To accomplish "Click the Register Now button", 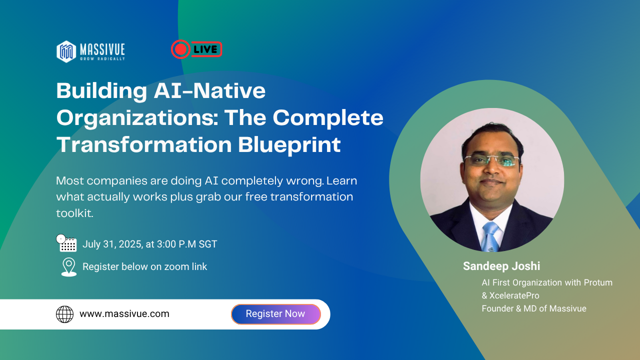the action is coord(275,314).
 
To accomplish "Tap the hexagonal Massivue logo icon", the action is coord(66,51).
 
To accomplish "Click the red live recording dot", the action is coord(180,49).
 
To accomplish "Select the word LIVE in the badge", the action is coord(205,49).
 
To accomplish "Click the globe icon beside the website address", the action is coord(64,314).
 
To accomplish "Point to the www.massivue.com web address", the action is coord(124,313).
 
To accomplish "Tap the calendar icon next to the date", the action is coord(66,243).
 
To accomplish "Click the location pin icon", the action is coord(69,267).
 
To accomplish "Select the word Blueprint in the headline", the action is coord(289,145).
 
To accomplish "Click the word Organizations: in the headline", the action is coord(137,118).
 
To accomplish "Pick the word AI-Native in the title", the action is coord(209,91).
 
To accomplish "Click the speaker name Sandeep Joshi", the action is coord(501,266).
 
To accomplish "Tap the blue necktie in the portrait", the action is coord(490,237).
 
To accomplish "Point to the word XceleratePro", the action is coord(514,295).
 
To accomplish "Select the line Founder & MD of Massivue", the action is coord(534,308).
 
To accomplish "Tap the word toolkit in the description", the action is coord(74,213).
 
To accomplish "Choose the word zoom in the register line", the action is coord(176,267).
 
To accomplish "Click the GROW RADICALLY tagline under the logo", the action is coord(102,59).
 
